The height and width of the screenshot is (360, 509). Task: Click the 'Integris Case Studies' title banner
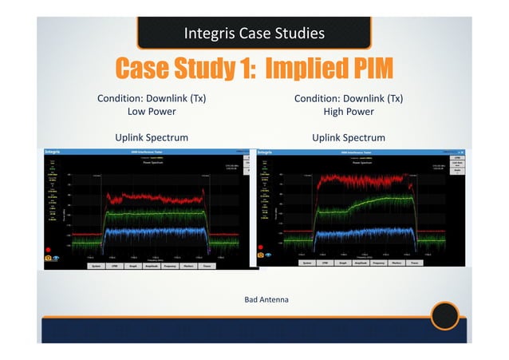point(254,34)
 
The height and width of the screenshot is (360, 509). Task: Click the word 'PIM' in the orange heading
point(363,69)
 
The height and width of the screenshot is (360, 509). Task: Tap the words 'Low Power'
point(152,112)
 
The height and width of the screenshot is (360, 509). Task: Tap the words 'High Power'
point(348,112)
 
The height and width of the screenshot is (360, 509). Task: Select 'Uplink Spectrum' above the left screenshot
point(152,137)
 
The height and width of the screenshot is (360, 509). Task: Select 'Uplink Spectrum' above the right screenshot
point(348,137)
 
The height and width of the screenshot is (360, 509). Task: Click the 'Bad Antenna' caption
point(266,299)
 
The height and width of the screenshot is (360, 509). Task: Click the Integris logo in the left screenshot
point(54,151)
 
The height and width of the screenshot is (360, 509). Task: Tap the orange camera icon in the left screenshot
point(48,258)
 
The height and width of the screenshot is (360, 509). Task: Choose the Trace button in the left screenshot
point(207,266)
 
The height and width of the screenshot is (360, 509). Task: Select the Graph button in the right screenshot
point(344,262)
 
